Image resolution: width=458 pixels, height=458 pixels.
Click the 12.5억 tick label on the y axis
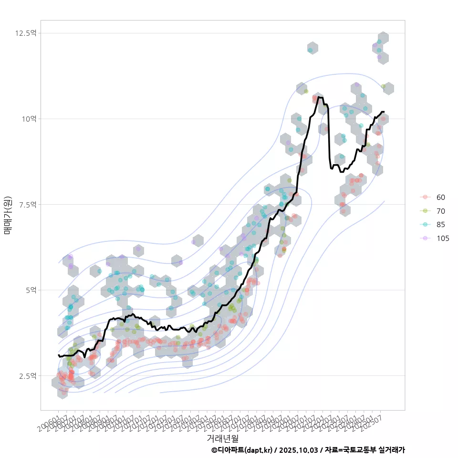pos(26,33)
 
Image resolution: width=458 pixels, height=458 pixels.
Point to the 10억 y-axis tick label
pos(28,119)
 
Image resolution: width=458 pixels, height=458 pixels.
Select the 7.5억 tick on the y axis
pos(27,204)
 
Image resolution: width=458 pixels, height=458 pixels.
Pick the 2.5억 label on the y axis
pos(27,376)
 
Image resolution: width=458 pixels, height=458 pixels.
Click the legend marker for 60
pos(425,198)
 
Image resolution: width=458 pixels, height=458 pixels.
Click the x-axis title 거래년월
pos(222,438)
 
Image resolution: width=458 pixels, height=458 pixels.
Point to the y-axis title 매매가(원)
pos(8,215)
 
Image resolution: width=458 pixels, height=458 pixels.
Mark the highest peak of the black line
pos(319,97)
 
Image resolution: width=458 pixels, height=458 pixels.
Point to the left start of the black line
pos(58,355)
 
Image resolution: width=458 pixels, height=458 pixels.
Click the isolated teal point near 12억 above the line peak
pos(311,50)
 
